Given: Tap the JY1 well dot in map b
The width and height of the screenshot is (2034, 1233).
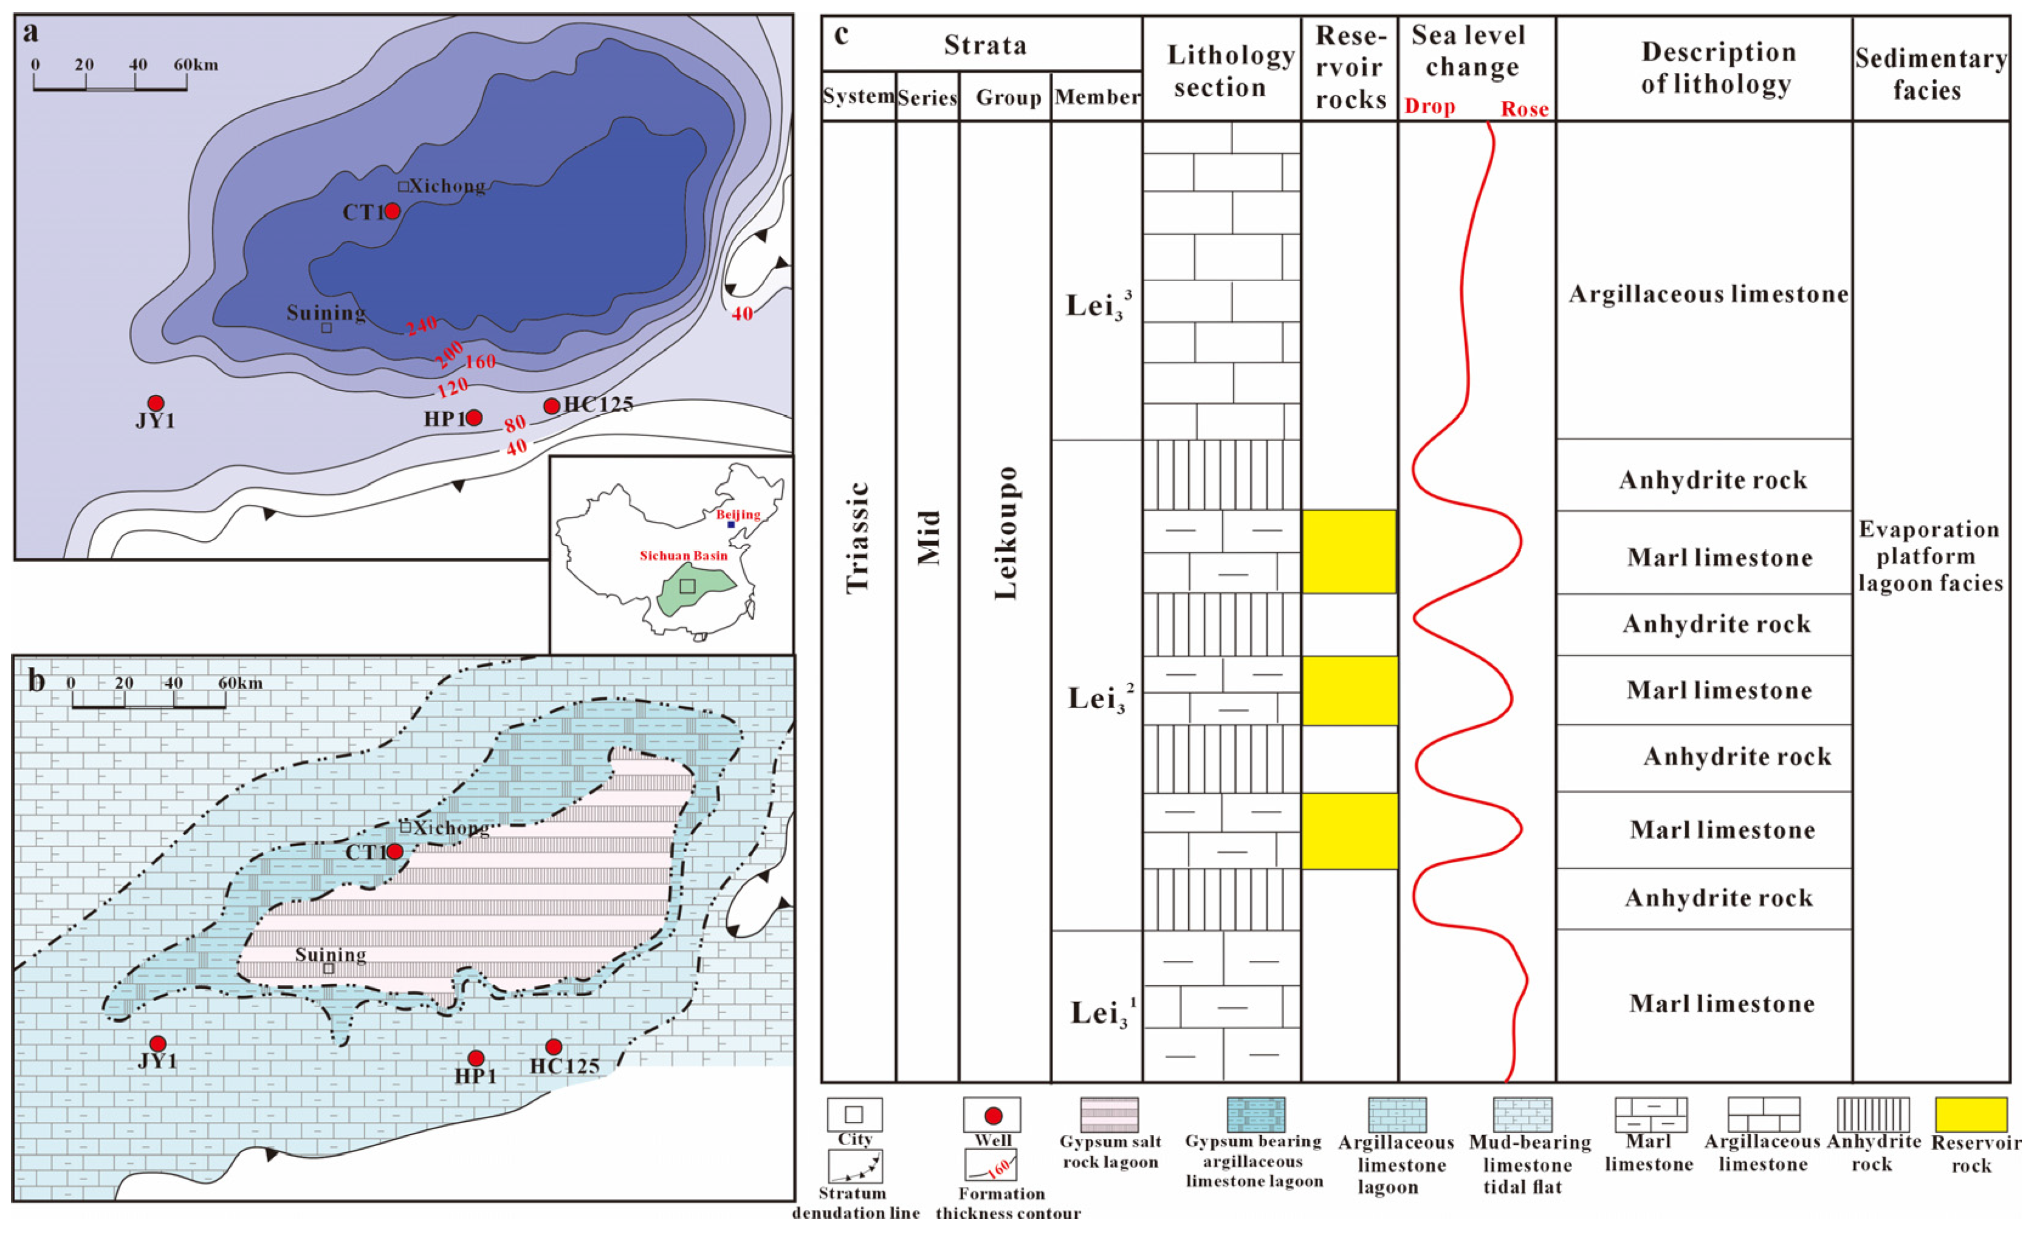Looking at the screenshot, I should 157,1044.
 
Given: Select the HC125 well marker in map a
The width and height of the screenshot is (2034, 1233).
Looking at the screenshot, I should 551,406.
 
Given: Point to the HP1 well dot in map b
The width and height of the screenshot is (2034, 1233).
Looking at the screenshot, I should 475,1058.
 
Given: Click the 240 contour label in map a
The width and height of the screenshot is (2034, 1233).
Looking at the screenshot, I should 421,326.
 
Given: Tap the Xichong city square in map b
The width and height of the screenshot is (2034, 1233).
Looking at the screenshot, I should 405,827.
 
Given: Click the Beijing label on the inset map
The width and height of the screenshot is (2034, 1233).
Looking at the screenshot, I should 738,514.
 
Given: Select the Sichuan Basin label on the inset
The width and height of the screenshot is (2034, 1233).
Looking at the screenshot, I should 684,555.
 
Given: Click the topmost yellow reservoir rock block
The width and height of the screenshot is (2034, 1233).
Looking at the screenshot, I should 1349,552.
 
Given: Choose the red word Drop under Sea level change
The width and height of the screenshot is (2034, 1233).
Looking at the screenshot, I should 1430,108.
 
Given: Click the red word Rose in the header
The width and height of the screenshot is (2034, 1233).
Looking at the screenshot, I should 1524,109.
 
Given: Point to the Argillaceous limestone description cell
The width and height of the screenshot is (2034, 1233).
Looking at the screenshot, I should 1708,295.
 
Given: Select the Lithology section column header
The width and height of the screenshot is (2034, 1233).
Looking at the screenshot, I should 1221,71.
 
